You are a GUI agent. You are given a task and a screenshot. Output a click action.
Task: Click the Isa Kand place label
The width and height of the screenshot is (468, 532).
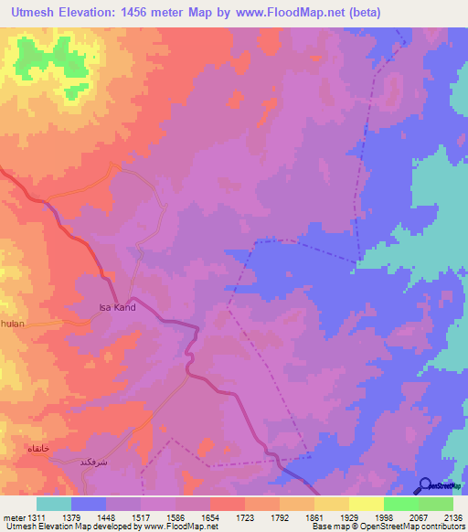click(x=117, y=308)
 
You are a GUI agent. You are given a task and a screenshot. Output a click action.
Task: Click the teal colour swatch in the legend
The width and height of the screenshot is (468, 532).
click(x=54, y=504)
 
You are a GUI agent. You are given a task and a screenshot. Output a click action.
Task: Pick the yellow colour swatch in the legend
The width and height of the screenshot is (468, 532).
click(x=366, y=504)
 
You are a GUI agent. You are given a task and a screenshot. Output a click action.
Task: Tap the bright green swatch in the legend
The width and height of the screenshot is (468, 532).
click(x=400, y=504)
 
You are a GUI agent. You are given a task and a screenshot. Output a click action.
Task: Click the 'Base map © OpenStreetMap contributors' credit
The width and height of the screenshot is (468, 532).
click(x=387, y=527)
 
